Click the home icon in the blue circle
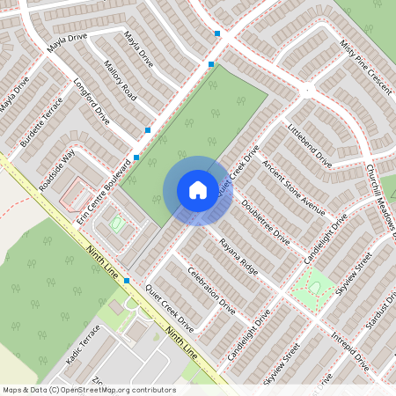click(x=198, y=190)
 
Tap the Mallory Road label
click(x=120, y=80)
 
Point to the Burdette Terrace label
click(x=41, y=113)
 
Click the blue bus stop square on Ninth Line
click(x=128, y=281)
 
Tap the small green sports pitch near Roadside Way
click(x=116, y=225)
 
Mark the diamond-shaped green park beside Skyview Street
click(x=313, y=285)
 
